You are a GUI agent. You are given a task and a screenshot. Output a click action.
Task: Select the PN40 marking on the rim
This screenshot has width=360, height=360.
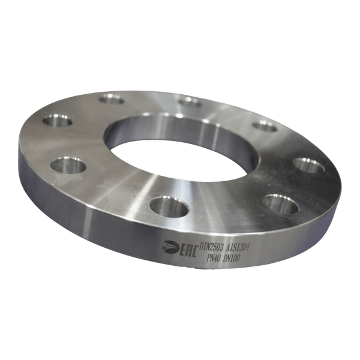tap(212, 258)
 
